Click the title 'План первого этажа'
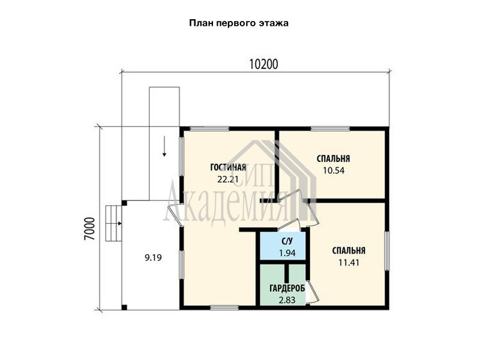tap(239, 23)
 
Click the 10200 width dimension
tap(263, 65)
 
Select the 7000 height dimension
tap(90, 229)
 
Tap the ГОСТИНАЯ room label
tap(228, 167)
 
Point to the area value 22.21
tap(228, 179)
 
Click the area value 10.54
tap(334, 170)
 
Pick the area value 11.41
tap(349, 262)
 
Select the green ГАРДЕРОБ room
tap(283, 284)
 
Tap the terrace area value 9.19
tap(153, 258)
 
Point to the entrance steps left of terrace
tap(113, 223)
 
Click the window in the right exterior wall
tap(387, 251)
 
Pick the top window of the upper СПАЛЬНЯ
tap(331, 128)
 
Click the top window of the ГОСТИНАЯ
tap(209, 128)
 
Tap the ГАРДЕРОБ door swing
tap(313, 292)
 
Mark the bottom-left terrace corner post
tap(124, 307)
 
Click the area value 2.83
tap(287, 300)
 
